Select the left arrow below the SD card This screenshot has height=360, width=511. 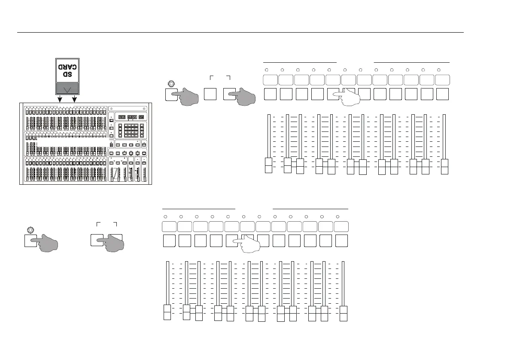60,99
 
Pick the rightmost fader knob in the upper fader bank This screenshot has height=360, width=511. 445,167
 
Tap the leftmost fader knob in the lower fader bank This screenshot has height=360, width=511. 168,312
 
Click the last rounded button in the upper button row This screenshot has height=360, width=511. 443,79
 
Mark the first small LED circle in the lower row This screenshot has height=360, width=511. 166,216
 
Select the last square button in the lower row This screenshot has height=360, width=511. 342,241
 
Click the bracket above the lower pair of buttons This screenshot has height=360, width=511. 106,223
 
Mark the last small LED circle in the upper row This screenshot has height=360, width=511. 438,70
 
